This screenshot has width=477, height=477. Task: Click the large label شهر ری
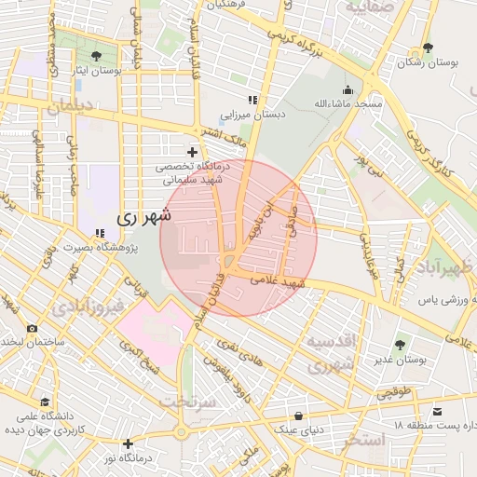[x=144, y=216]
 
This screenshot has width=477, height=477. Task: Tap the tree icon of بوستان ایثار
[x=96, y=57]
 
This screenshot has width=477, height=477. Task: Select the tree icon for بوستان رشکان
[x=428, y=48]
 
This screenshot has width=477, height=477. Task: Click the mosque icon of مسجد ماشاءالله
[x=348, y=90]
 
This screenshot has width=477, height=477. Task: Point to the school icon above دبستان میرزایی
[x=251, y=101]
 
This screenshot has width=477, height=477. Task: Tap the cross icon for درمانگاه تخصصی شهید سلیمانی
[x=192, y=152]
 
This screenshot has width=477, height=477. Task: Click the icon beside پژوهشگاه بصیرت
[x=100, y=234]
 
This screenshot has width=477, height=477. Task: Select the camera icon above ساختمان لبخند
[x=33, y=328]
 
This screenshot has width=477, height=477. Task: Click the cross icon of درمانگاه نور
[x=128, y=443]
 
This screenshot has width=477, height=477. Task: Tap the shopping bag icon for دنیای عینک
[x=298, y=415]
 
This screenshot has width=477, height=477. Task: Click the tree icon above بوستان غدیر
[x=401, y=345]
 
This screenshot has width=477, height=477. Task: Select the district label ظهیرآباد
[x=446, y=270]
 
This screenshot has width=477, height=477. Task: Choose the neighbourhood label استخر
[x=361, y=439]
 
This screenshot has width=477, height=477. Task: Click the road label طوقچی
[x=393, y=393]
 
